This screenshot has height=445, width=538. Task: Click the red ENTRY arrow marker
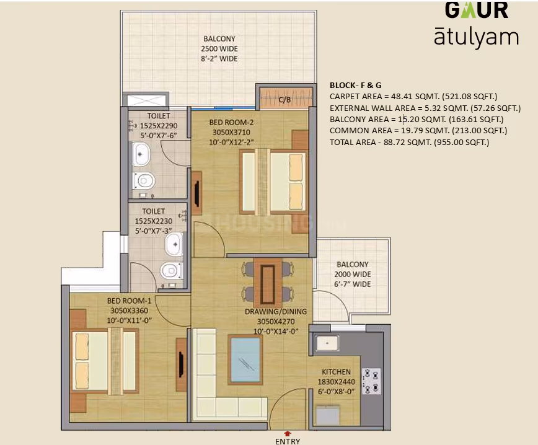coord(288,434)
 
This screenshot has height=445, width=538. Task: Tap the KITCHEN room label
coord(336,372)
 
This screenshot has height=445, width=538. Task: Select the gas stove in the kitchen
coord(371,381)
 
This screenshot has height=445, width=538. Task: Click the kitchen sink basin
coord(327,343)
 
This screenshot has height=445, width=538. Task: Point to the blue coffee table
coord(245,360)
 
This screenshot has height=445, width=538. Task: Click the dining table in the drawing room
coord(268,284)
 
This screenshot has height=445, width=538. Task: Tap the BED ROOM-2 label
coord(231,123)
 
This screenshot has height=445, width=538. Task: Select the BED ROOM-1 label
coord(129,301)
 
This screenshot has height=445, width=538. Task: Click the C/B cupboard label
coord(284,100)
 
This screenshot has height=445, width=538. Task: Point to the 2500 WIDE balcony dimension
coord(219,49)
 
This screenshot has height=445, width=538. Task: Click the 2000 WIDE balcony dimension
coord(353,275)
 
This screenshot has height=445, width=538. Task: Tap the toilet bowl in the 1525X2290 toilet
coord(143,180)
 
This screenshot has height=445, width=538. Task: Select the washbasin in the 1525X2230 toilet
coord(174,244)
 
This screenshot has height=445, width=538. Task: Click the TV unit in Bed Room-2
coord(196,193)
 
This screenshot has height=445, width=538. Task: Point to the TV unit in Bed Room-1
coord(181,364)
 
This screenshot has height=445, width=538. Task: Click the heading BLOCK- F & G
coord(356,86)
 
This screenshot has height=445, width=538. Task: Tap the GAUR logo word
coord(477,10)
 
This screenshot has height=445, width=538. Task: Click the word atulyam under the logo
coord(476,37)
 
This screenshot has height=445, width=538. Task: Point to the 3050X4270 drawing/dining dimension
coord(276,322)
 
